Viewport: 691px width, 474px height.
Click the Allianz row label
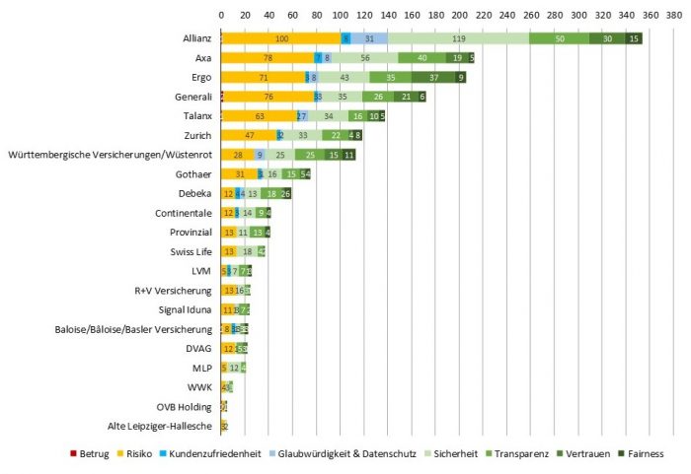[x=196, y=38]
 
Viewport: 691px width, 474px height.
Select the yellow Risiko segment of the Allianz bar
[x=281, y=38]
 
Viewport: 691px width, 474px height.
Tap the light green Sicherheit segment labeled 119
[x=458, y=38]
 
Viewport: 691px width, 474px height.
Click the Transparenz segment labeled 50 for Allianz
[x=559, y=38]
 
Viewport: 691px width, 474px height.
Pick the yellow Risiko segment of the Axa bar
[x=268, y=57]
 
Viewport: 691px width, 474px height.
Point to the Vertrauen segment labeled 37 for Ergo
[x=433, y=77]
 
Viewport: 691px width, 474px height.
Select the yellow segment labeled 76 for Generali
[x=269, y=97]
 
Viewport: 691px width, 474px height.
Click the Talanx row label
[x=197, y=116]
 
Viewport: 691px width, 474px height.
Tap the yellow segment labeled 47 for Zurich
[x=250, y=135]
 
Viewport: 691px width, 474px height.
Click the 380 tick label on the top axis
[x=673, y=17]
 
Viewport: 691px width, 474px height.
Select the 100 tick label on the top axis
[x=341, y=17]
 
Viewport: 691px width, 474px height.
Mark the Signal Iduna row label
[x=187, y=309]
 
